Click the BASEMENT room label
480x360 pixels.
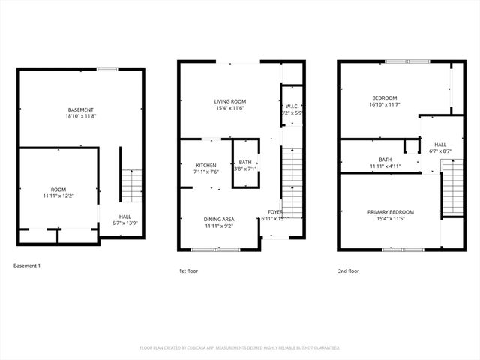point(80,110)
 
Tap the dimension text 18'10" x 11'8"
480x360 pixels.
point(80,117)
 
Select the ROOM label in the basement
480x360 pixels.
point(58,190)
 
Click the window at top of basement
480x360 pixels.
point(107,69)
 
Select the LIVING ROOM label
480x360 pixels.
point(229,101)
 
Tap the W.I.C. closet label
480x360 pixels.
point(292,106)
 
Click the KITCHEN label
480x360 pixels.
point(206,165)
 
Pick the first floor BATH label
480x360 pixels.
point(245,163)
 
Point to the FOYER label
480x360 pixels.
point(274,212)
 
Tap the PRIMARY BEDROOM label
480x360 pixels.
point(390,212)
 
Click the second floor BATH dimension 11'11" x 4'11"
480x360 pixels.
point(385,166)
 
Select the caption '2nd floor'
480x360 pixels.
point(348,271)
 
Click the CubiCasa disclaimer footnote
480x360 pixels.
point(240,348)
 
